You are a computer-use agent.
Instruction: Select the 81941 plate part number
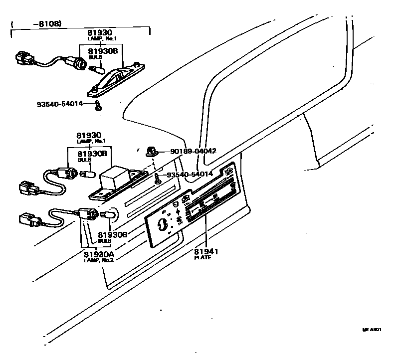point(206,251)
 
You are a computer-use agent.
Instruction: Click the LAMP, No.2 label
point(99,260)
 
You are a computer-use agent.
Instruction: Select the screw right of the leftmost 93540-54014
point(99,105)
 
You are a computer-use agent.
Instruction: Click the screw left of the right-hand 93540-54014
point(158,178)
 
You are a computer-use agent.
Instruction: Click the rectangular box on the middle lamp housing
point(114,178)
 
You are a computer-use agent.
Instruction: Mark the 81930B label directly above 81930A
point(111,234)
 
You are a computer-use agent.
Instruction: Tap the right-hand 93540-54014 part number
point(190,174)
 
